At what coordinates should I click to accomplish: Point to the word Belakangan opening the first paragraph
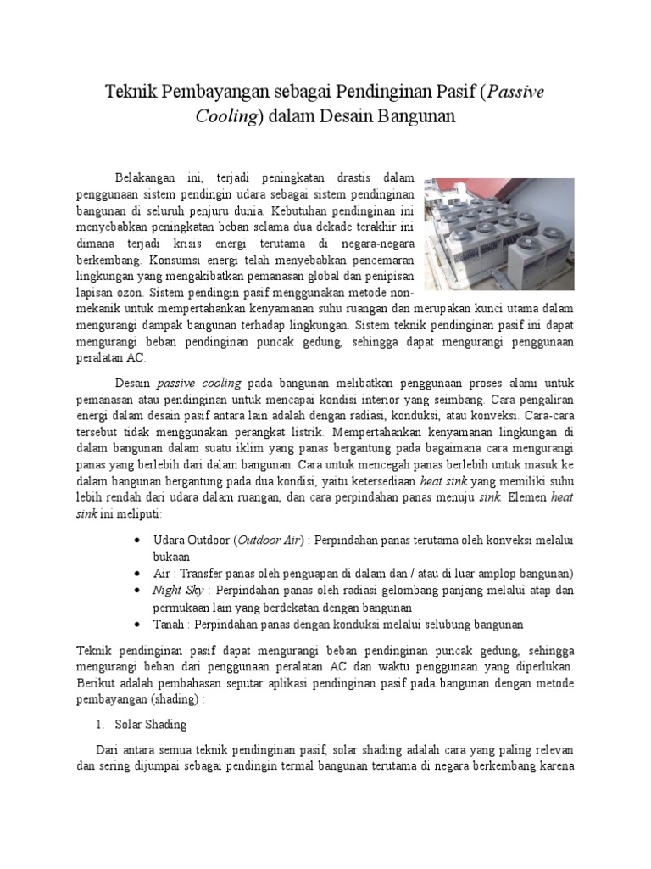click(146, 177)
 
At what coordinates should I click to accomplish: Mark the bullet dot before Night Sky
click(138, 590)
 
